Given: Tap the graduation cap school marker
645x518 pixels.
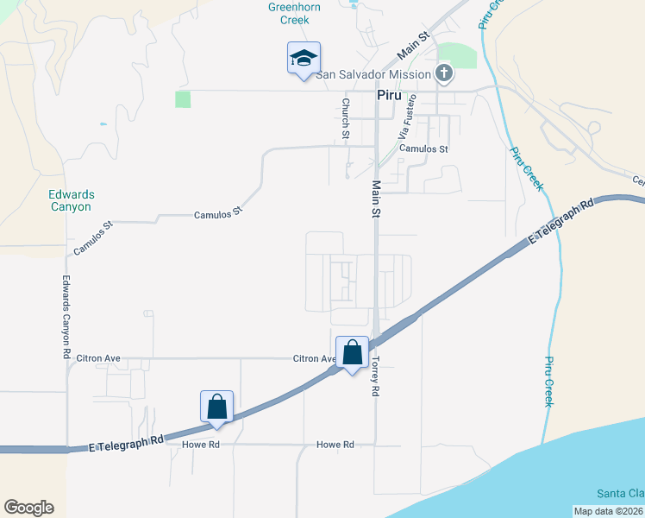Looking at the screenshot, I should [x=304, y=59].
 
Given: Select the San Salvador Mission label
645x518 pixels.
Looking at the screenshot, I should [x=373, y=74].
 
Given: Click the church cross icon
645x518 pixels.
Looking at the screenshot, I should [x=444, y=73].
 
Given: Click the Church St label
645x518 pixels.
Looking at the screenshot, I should [x=345, y=118].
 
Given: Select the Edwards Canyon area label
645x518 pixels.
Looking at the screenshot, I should [x=70, y=201].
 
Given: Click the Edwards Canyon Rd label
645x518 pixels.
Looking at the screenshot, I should [x=66, y=317].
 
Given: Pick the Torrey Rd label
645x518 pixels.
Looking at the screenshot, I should [x=376, y=376].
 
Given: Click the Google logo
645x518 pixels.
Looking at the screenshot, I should [x=28, y=508].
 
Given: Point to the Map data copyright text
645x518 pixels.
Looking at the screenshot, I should [x=609, y=511].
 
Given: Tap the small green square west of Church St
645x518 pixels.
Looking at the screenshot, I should [x=183, y=99].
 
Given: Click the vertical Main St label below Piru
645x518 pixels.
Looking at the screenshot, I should [x=376, y=199].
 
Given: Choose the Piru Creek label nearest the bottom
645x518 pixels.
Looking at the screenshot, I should [x=549, y=382].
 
